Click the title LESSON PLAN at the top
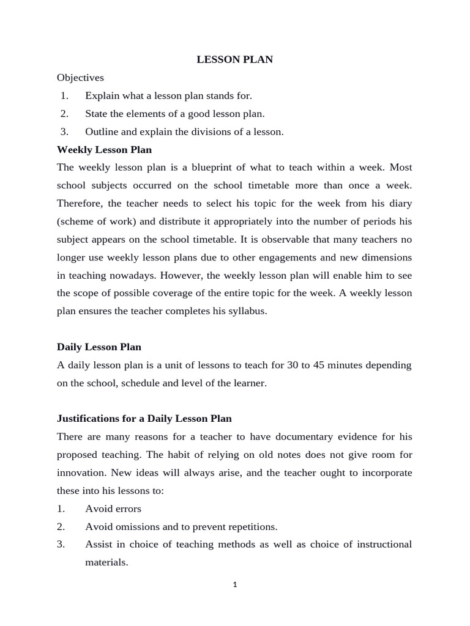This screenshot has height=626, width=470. coord(234,59)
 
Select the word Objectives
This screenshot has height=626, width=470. coord(80,78)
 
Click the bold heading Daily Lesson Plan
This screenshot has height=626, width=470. coord(99,347)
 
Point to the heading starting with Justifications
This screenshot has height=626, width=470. coord(144,419)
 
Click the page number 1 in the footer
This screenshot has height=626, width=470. coord(234,584)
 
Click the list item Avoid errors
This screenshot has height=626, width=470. coord(113,509)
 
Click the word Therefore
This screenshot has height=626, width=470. coord(81,203)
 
